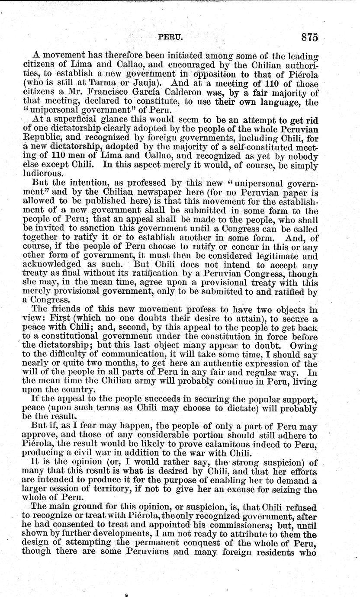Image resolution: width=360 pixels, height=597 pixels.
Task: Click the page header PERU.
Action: [x=172, y=38]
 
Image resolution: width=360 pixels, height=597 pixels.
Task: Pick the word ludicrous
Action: [x=37, y=172]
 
